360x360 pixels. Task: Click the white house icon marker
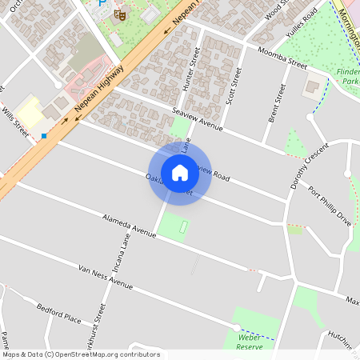point(180,172)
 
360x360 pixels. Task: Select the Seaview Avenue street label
point(197,119)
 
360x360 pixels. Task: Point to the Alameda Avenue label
point(128,226)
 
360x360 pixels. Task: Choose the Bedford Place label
point(59,314)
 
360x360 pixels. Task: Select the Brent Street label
point(278,102)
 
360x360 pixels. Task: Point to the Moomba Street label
point(282,58)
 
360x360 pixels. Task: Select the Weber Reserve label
point(250,342)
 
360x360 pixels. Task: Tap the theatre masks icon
point(120,14)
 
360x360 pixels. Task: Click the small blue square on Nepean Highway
point(44,136)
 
